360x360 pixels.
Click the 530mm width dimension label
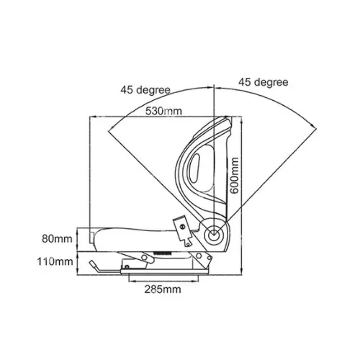pos(163,111)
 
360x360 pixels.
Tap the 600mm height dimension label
pos(234,175)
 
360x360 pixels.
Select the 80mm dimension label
pos(57,239)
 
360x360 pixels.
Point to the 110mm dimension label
pos(55,261)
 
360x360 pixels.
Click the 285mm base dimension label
pos(163,289)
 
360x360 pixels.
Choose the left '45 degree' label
pos(145,90)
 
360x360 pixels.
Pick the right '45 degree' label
pos(264,82)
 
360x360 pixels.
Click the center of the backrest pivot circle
pos(213,235)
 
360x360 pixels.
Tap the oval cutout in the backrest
pos(194,168)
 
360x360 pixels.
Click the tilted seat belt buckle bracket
pos(183,231)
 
